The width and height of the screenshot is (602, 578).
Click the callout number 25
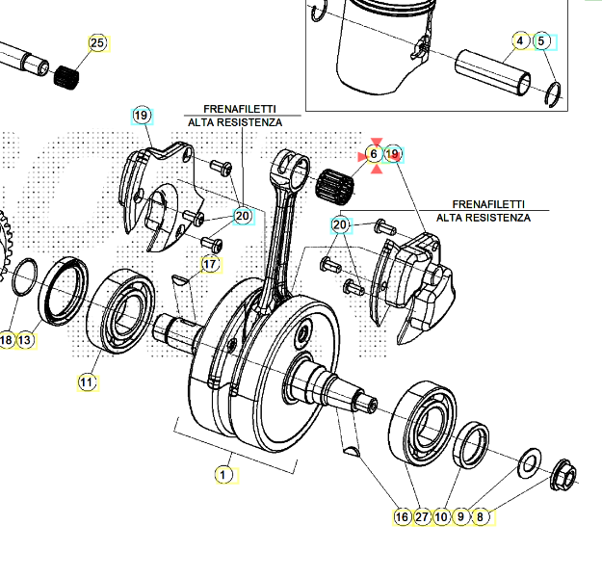point(96,43)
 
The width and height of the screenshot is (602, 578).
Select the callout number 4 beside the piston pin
point(520,40)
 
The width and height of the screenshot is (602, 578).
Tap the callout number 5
point(541,40)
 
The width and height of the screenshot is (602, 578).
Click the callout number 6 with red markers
point(374,154)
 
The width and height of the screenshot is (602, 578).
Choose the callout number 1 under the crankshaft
point(222,475)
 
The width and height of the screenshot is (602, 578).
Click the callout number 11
point(87,382)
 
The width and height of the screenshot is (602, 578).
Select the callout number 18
point(7,340)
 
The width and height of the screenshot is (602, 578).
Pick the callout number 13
point(25,340)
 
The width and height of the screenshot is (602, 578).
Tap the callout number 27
point(421,517)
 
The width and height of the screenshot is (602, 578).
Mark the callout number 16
point(402,517)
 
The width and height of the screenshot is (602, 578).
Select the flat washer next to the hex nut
point(530,463)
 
